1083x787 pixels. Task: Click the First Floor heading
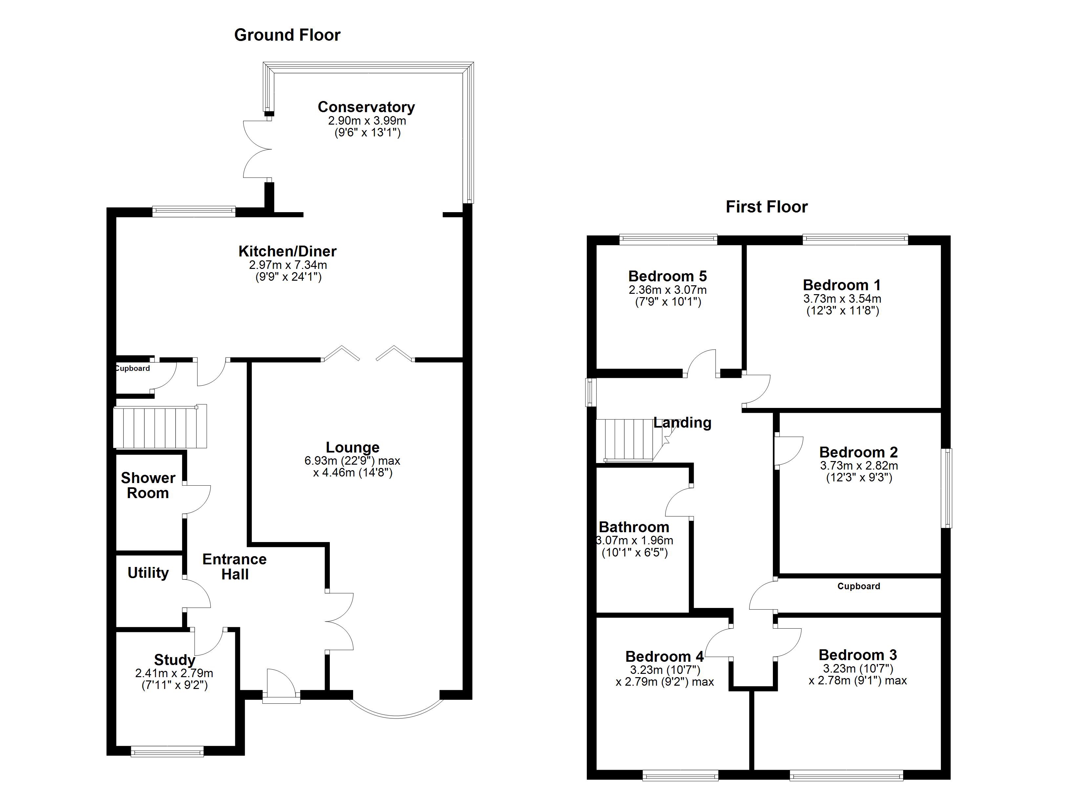coord(766,207)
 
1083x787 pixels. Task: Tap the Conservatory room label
coord(366,107)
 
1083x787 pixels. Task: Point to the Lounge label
coord(352,447)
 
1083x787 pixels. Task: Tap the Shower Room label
coord(148,485)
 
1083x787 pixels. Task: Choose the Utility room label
coord(148,573)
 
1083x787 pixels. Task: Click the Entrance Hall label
coord(234,567)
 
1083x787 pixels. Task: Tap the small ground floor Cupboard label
coord(133,369)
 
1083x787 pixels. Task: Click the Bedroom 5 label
coord(667,276)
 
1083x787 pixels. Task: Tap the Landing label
coord(682,422)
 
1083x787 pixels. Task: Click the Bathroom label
coord(634,527)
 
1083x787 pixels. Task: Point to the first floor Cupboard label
coord(858,586)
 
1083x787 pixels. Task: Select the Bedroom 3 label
coord(858,654)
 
